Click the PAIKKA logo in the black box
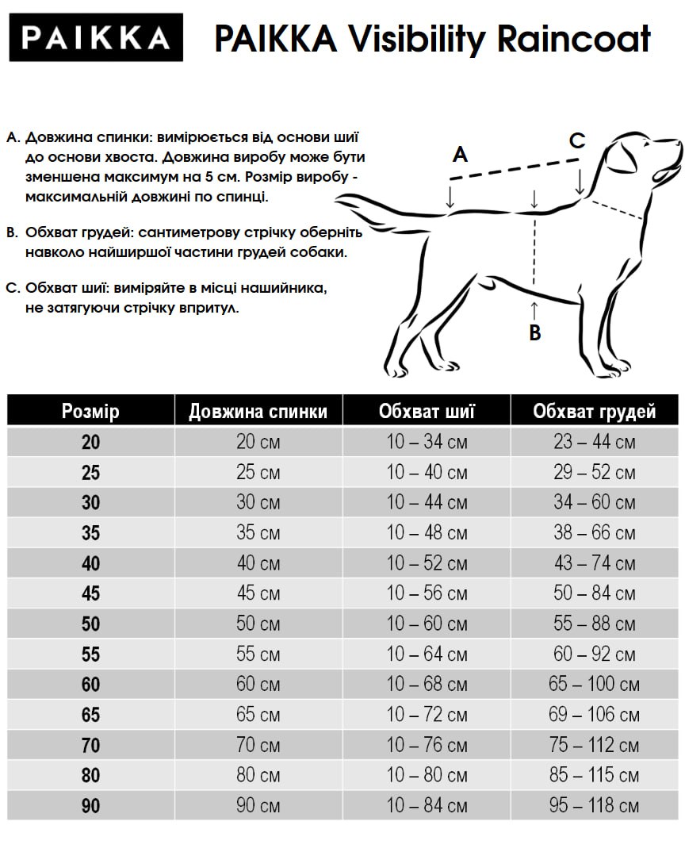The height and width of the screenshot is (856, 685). (x=95, y=37)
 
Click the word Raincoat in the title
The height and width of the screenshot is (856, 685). (x=575, y=38)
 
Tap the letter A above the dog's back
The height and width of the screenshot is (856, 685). (x=460, y=155)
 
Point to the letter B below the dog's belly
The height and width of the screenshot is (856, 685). (x=535, y=332)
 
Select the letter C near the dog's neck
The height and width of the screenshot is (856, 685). (x=577, y=141)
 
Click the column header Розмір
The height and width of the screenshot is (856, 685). (x=90, y=412)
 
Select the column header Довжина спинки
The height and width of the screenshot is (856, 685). (x=258, y=412)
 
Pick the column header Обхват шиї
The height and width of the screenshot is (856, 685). (x=427, y=412)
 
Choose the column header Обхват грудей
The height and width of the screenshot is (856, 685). (x=594, y=412)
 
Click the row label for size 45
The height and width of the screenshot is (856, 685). (x=90, y=593)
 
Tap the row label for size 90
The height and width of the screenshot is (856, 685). (x=90, y=806)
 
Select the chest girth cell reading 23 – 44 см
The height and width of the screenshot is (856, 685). (x=594, y=442)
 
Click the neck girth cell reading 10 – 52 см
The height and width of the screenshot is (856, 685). (x=427, y=563)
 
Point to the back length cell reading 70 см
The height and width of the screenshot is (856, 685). (x=258, y=746)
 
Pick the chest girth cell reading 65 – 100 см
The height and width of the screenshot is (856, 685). (x=594, y=685)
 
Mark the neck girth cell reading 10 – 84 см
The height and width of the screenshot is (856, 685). (x=427, y=806)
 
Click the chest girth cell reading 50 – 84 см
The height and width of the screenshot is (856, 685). (x=594, y=593)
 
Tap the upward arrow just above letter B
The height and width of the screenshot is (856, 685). (x=534, y=309)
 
